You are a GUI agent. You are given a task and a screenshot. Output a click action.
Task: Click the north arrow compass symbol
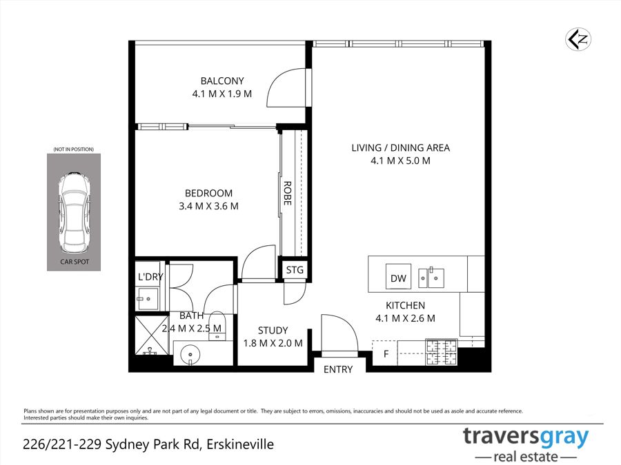(x=578, y=39)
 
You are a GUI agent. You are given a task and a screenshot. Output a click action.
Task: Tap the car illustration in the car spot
(x=74, y=212)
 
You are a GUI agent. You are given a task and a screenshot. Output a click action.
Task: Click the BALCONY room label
(x=222, y=81)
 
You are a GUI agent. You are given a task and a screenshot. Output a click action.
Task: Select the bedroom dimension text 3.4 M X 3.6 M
(x=208, y=206)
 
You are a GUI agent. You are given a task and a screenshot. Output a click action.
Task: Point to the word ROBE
(x=288, y=194)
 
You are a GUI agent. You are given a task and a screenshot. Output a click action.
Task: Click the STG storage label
(x=295, y=269)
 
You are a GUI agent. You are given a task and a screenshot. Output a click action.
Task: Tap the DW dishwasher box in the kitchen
(x=398, y=276)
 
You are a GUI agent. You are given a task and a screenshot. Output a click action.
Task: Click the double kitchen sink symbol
(x=431, y=277)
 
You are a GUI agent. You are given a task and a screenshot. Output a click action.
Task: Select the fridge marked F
(x=385, y=353)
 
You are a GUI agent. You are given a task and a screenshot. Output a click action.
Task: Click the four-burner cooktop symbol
(x=442, y=352)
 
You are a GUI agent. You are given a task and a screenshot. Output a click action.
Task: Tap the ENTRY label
(x=338, y=369)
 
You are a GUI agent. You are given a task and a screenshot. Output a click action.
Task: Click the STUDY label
(x=273, y=330)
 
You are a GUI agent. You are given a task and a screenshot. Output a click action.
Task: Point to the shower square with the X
(x=152, y=335)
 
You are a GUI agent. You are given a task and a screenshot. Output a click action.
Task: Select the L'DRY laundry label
(x=150, y=277)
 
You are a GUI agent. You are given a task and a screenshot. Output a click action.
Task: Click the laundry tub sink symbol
(x=148, y=300)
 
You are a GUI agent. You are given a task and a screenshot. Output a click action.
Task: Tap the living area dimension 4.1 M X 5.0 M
(x=400, y=161)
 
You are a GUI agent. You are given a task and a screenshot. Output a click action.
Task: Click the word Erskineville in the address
(x=240, y=444)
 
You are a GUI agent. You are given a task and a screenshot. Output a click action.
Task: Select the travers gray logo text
(x=526, y=437)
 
